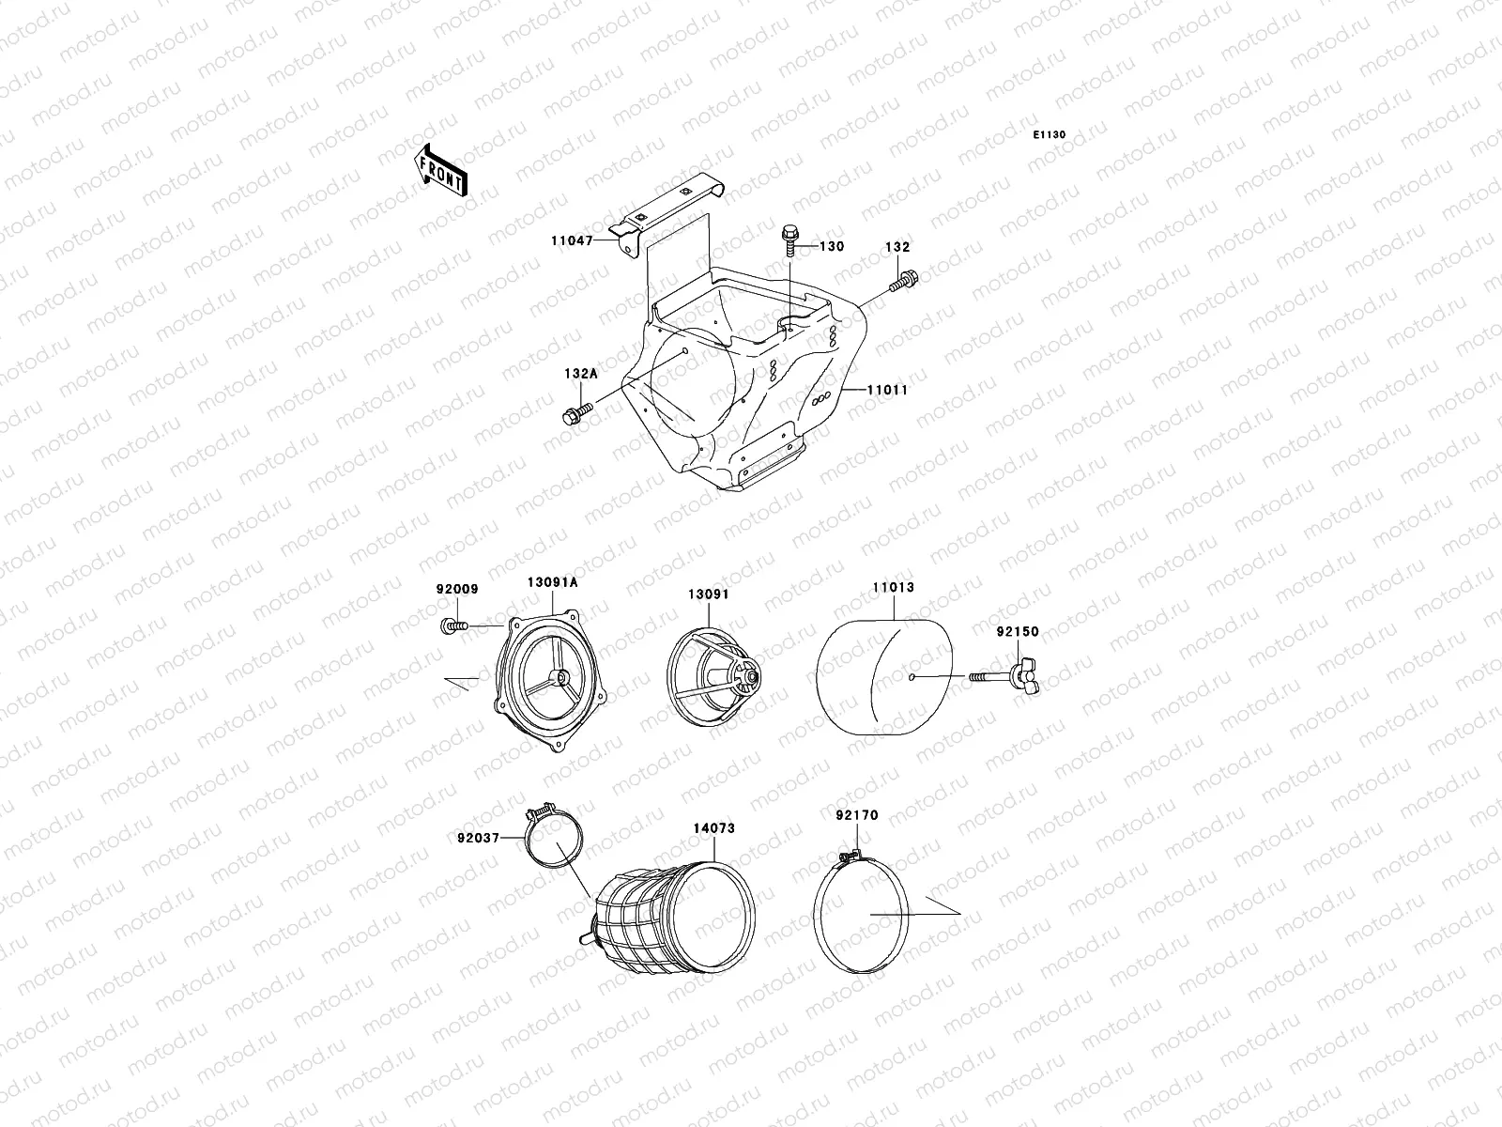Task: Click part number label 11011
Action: pyautogui.click(x=885, y=389)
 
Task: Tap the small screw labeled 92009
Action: pyautogui.click(x=451, y=625)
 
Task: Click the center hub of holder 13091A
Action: pyautogui.click(x=561, y=677)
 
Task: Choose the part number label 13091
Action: pyautogui.click(x=708, y=594)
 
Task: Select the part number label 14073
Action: pyautogui.click(x=713, y=828)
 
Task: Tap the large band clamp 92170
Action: pyautogui.click(x=862, y=911)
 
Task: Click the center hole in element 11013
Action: pyautogui.click(x=912, y=677)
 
